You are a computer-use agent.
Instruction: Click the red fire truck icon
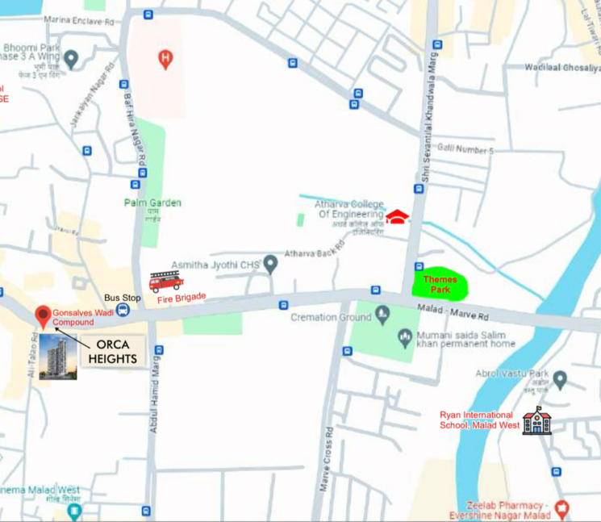(x=166, y=281)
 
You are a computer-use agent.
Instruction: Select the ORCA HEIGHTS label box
(x=111, y=351)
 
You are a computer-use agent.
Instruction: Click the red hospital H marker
(x=165, y=58)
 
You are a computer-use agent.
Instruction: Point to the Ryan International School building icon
(x=536, y=420)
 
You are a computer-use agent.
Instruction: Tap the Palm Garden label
(x=152, y=203)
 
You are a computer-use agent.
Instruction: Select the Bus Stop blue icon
(x=122, y=310)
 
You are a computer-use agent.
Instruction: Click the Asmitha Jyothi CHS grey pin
(x=270, y=263)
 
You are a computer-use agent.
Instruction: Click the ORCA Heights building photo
(x=58, y=356)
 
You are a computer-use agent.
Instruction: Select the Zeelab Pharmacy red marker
(x=562, y=507)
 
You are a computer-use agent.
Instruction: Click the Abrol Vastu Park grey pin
(x=559, y=379)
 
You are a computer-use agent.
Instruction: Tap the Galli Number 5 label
(x=465, y=150)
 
